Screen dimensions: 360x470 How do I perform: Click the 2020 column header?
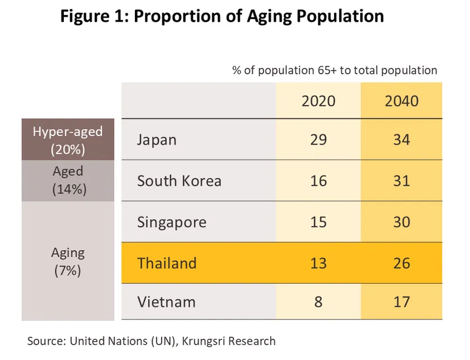pyautogui.click(x=318, y=101)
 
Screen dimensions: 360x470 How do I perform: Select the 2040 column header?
pyautogui.click(x=402, y=101)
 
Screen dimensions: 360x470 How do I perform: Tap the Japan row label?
pyautogui.click(x=157, y=139)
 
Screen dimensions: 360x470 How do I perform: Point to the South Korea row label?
pyautogui.click(x=179, y=181)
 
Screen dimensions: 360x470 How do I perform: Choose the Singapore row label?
pyautogui.click(x=172, y=222)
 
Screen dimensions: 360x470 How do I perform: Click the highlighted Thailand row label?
pyautogui.click(x=167, y=263)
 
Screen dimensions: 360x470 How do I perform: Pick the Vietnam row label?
pyautogui.click(x=166, y=302)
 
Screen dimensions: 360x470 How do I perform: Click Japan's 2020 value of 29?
pyautogui.click(x=318, y=139)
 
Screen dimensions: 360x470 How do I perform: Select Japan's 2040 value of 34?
pyautogui.click(x=402, y=139)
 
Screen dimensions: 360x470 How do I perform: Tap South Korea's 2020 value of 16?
pyautogui.click(x=318, y=181)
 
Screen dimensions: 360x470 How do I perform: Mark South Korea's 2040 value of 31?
pyautogui.click(x=402, y=181)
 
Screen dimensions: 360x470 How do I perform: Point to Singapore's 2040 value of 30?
pyautogui.click(x=402, y=222)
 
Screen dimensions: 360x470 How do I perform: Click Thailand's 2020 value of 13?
pyautogui.click(x=318, y=263)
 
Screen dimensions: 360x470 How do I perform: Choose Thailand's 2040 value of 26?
pyautogui.click(x=402, y=263)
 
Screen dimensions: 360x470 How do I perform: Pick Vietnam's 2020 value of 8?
pyautogui.click(x=318, y=302)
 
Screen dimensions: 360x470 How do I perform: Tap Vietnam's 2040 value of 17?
pyautogui.click(x=402, y=302)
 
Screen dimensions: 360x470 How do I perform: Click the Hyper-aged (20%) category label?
pyautogui.click(x=68, y=140)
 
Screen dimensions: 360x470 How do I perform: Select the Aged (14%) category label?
pyautogui.click(x=68, y=180)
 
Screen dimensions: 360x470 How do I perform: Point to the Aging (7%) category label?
pyautogui.click(x=68, y=261)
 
